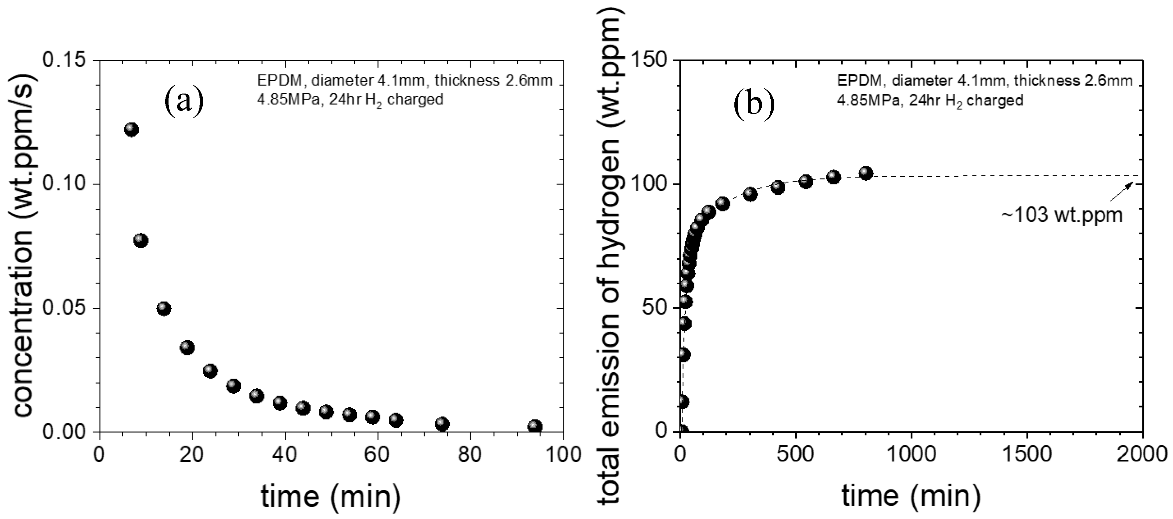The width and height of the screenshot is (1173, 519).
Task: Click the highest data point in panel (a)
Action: (x=131, y=130)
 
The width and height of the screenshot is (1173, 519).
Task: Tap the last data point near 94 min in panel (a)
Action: (x=535, y=426)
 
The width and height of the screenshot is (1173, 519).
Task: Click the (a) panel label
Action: (x=184, y=103)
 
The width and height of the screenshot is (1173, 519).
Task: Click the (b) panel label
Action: (x=754, y=105)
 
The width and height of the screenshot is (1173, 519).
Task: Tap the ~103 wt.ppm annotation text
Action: (x=1061, y=214)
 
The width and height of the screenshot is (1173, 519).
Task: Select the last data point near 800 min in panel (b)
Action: (x=866, y=173)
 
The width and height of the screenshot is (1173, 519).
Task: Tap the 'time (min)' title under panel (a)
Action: (x=331, y=496)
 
